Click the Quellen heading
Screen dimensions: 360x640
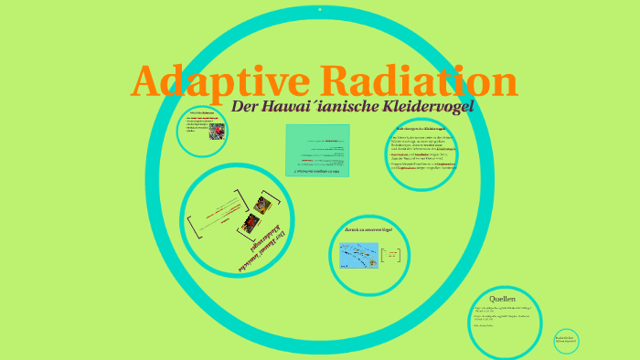pos(502,299)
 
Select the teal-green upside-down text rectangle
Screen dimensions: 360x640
pos(316,150)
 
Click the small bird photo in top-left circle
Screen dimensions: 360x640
pos(217,131)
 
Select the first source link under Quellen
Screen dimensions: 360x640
pos(501,312)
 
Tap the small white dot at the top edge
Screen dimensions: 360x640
pos(319,8)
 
